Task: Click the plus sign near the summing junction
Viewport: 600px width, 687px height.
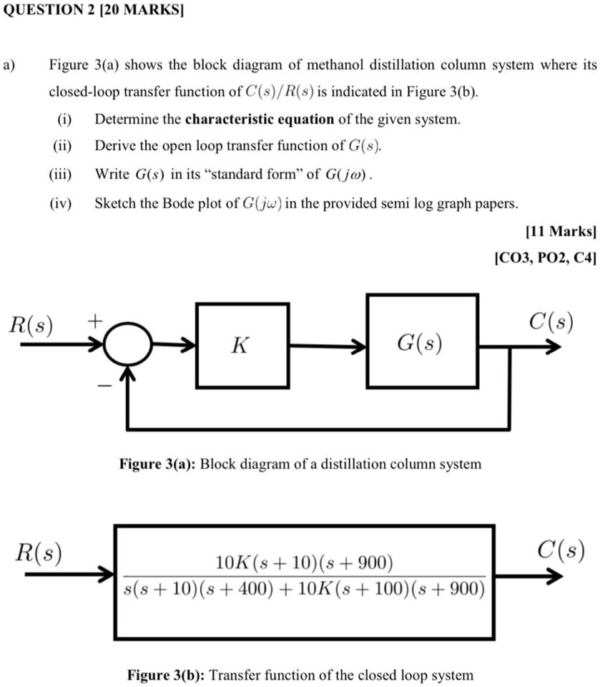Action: pyautogui.click(x=95, y=317)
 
